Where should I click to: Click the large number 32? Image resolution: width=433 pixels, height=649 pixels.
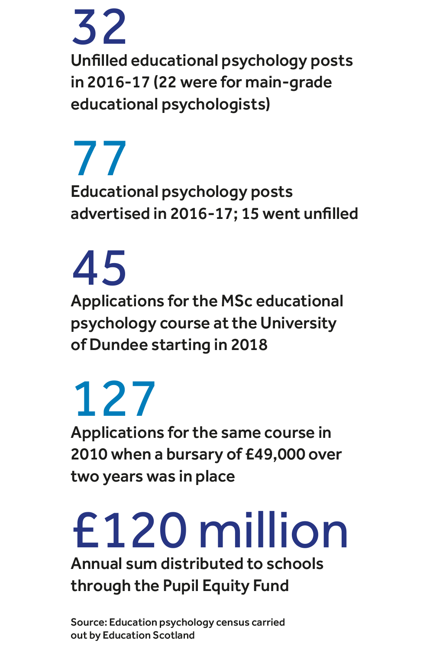pos(99,27)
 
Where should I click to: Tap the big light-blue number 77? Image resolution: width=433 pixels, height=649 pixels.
pos(100,158)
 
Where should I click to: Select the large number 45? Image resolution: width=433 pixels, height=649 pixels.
pos(100,268)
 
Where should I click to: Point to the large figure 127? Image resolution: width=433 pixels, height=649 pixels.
pos(114,399)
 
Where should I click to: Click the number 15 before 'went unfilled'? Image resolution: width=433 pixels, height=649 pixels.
pos(250,214)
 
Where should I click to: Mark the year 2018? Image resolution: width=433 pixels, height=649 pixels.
pos(249,345)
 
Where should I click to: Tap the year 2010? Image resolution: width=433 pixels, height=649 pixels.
pos(89,454)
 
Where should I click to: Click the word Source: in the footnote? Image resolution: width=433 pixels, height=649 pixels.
pos(89,622)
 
